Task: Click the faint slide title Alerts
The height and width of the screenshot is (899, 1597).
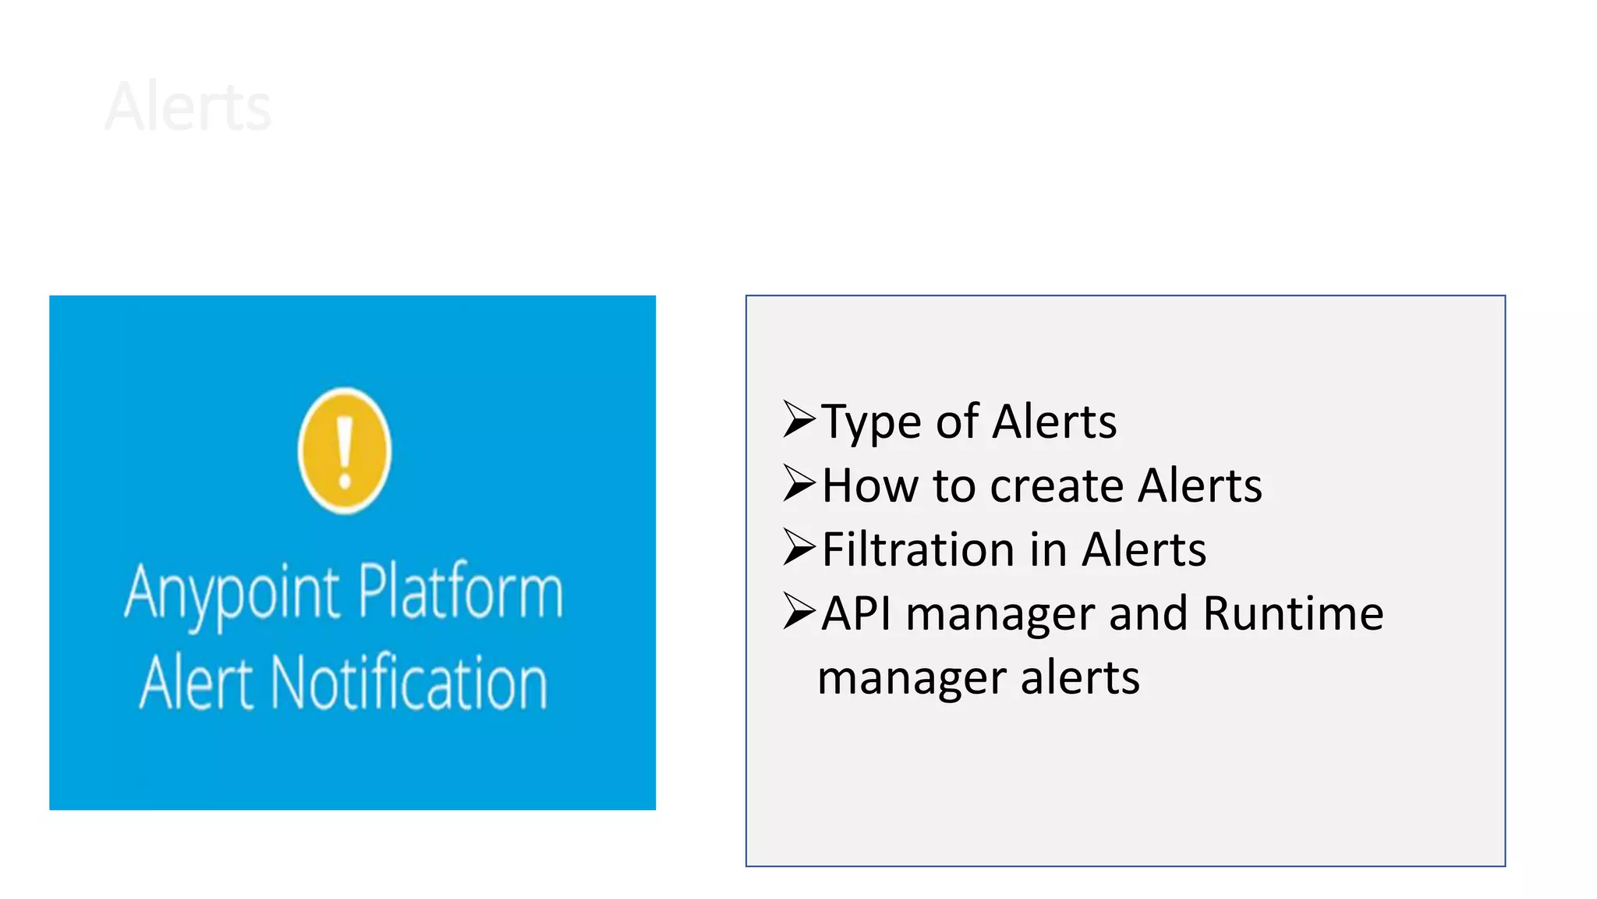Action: pyautogui.click(x=188, y=107)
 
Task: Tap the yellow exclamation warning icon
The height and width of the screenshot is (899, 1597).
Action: pyautogui.click(x=345, y=450)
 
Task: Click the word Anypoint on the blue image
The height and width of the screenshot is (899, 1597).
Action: pyautogui.click(x=232, y=593)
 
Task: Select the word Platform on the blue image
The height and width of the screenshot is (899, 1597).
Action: pyautogui.click(x=461, y=591)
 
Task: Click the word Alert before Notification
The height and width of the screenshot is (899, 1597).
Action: pyautogui.click(x=197, y=683)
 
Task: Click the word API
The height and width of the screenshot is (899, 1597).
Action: pyautogui.click(x=856, y=613)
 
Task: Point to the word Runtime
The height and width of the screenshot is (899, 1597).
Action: pyautogui.click(x=1293, y=613)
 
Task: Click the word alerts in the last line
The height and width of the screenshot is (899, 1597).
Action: pyautogui.click(x=1080, y=677)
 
